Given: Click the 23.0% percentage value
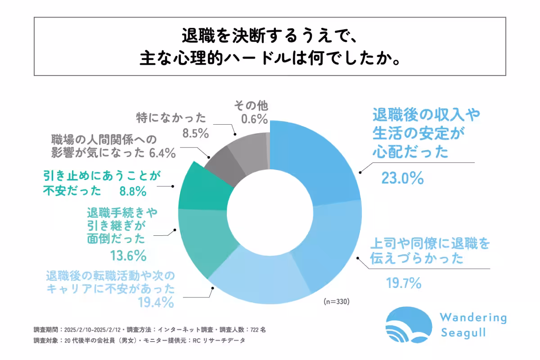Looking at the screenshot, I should tap(402, 179).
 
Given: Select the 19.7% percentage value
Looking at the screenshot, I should tap(403, 283).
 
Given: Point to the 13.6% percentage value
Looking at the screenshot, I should tap(128, 256).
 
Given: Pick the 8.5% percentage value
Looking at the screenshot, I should tap(195, 134).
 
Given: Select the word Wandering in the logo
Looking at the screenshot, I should tap(472, 318).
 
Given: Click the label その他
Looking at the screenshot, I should tap(251, 106).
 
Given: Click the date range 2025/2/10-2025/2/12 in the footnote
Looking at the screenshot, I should tap(92, 329).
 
